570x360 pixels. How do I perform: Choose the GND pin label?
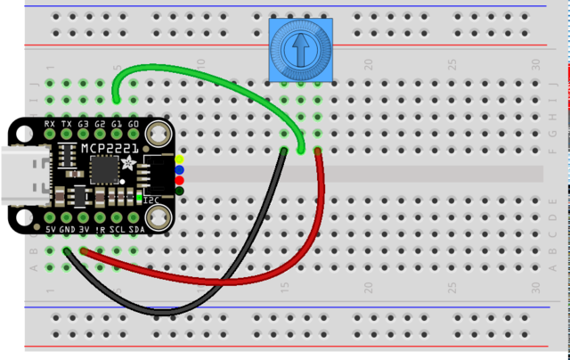point(67,230)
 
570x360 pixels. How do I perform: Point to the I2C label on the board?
point(151,200)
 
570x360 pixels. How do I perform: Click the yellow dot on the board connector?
point(179,160)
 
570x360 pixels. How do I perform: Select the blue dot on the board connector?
point(179,169)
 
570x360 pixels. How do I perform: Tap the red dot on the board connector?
point(179,180)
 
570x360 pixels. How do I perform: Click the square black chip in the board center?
point(104,168)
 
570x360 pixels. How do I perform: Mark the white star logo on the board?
point(130,163)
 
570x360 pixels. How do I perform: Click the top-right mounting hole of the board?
point(158,135)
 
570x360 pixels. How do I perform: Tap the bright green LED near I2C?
point(139,196)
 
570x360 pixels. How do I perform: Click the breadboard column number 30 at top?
point(535,64)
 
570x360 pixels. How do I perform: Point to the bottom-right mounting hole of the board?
point(158,217)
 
